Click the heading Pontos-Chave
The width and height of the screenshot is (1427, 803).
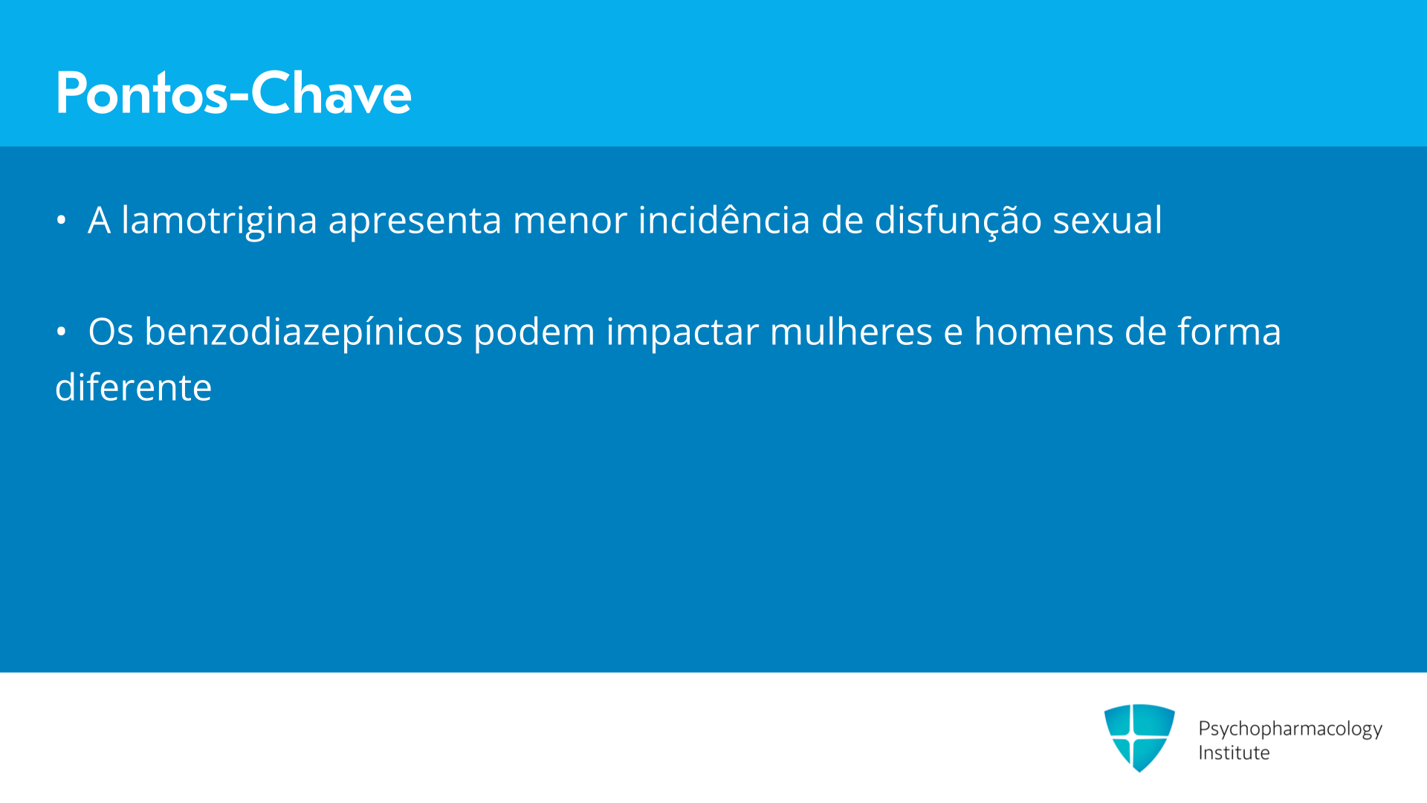(233, 93)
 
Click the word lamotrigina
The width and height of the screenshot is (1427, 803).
(219, 221)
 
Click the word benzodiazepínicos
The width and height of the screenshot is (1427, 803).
(303, 333)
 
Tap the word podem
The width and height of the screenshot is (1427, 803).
(534, 333)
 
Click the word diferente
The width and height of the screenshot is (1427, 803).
(134, 387)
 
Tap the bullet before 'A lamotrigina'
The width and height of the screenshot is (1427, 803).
(61, 220)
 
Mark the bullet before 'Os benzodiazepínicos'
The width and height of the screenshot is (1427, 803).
(61, 332)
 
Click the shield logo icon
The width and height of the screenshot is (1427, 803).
(1139, 738)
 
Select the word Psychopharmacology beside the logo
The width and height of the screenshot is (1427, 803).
(1290, 729)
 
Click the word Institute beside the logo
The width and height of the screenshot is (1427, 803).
(1234, 752)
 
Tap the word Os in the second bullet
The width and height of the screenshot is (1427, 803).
(111, 332)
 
